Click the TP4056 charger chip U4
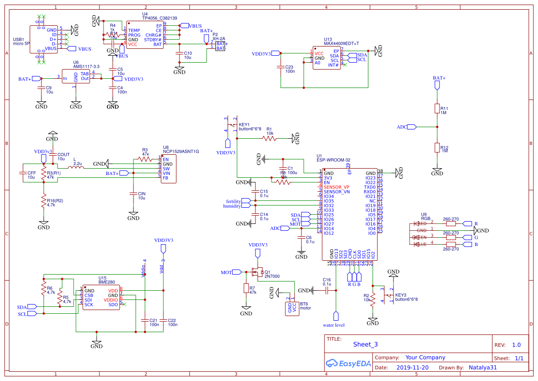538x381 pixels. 145,34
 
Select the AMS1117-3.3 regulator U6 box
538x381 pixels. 76,76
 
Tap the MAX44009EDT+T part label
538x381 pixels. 341,44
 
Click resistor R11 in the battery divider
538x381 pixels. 437,109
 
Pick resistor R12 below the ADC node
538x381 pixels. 437,148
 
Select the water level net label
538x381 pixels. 334,325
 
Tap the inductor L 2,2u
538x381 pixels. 76,168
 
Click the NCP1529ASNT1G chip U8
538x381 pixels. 168,169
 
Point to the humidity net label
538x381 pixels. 232,206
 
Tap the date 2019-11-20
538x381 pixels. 412,368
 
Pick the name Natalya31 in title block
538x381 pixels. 483,368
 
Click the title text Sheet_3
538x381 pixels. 365,344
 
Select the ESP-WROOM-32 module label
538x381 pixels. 333,160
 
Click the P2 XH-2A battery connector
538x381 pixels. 220,46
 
